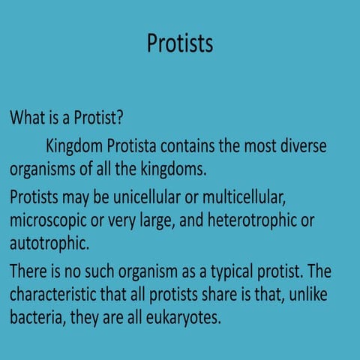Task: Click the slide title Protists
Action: click(179, 43)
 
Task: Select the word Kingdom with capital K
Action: click(75, 145)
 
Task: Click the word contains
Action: click(202, 145)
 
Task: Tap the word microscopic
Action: click(51, 221)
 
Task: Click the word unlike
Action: click(327, 292)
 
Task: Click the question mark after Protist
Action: click(119, 118)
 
